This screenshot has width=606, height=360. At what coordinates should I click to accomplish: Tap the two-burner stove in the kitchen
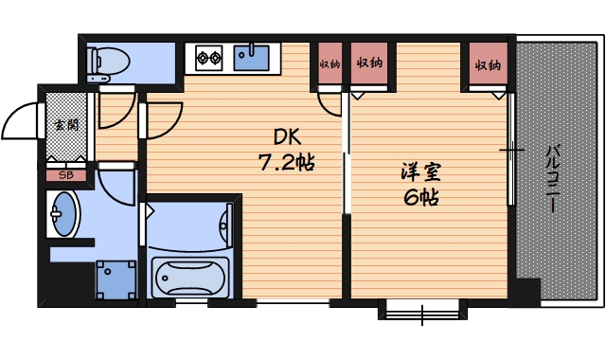click(207, 59)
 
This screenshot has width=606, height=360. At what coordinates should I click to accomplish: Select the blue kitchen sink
click(251, 58)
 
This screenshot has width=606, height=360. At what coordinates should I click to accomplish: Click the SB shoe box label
click(66, 174)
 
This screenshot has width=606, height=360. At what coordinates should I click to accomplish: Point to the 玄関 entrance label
click(66, 124)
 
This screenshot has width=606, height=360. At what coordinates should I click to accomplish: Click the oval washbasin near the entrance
click(64, 214)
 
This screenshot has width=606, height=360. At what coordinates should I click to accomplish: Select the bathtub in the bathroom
click(188, 278)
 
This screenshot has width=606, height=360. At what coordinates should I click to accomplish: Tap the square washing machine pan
click(116, 279)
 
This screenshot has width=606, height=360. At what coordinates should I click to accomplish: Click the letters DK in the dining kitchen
click(287, 135)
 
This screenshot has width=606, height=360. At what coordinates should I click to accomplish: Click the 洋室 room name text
click(420, 174)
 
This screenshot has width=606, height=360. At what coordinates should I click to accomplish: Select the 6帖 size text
click(420, 199)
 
